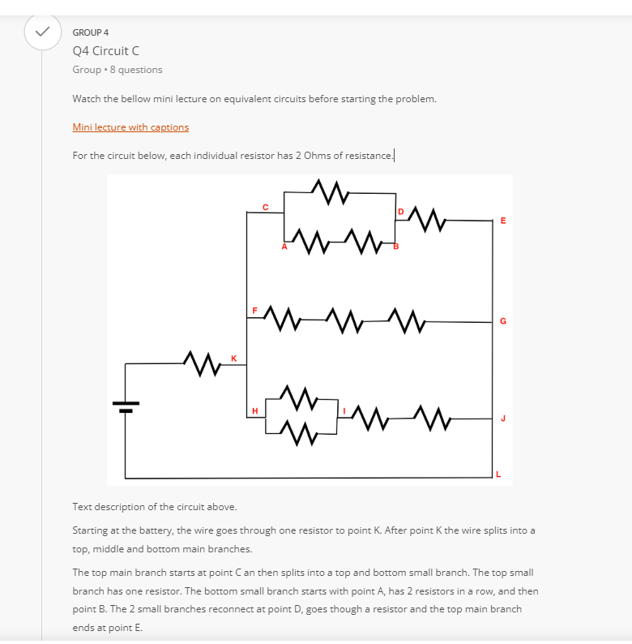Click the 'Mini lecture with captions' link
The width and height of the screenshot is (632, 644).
(x=130, y=127)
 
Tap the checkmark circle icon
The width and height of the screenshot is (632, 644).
(x=43, y=32)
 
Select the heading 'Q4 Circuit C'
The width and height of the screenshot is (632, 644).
(x=106, y=51)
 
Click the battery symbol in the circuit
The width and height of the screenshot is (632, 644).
(x=126, y=406)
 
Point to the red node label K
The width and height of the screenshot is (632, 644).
(x=233, y=358)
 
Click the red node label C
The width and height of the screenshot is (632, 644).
(x=266, y=208)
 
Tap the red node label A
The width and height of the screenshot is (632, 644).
(x=284, y=247)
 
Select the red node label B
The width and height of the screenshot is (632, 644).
(x=396, y=247)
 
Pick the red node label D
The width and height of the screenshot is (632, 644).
(x=401, y=212)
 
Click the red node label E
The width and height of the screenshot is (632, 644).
(x=503, y=221)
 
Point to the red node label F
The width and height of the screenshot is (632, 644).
(x=254, y=311)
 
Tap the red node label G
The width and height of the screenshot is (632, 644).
(x=503, y=320)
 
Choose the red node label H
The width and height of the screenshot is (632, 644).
(x=255, y=410)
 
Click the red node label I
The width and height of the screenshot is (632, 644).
(x=344, y=410)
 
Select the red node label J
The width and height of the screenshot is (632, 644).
(x=503, y=419)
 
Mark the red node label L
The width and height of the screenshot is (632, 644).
(x=498, y=474)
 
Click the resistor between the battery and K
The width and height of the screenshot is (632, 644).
(x=202, y=363)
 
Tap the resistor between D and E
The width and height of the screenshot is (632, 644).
(x=427, y=220)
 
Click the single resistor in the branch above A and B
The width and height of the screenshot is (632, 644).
(x=331, y=191)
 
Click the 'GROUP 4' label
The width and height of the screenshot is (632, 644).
(x=91, y=32)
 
